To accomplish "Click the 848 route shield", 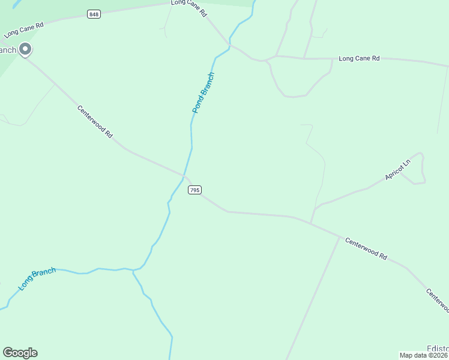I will click(93, 14).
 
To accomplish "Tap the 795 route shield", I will click(194, 190).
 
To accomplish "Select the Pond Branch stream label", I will click(203, 93).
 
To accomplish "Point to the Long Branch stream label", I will click(37, 279).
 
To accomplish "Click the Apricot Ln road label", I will click(398, 170).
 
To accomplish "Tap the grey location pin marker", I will click(25, 49).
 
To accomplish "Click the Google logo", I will click(20, 353).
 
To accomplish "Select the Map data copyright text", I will click(424, 355).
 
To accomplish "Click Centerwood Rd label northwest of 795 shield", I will click(95, 122).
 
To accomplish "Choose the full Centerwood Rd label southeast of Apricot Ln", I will click(366, 248).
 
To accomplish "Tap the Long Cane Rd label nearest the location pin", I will click(24, 30).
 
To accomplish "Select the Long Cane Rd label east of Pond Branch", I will click(359, 58).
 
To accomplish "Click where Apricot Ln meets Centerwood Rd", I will click(310, 223).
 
